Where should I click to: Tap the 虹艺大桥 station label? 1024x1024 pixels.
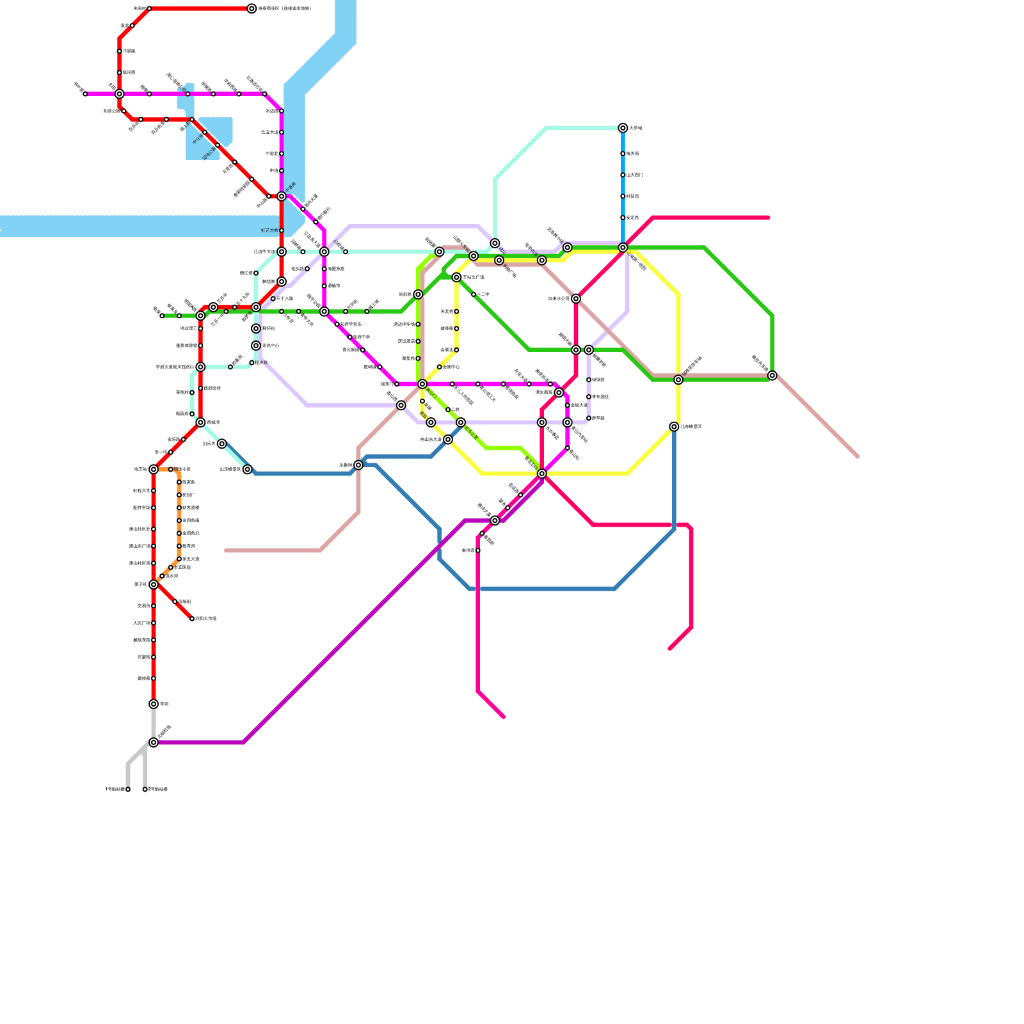tap(269, 230)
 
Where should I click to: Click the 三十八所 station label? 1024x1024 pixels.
tap(285, 299)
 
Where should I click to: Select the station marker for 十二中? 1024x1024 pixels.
tap(474, 294)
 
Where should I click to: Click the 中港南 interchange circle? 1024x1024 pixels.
tap(282, 196)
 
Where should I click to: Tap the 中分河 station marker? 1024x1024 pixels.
tap(205, 132)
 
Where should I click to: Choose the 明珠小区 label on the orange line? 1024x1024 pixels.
tap(183, 470)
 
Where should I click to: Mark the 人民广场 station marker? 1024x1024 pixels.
tap(154, 623)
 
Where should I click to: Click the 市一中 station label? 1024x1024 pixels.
tap(161, 452)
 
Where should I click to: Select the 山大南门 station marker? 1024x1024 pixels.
tap(623, 175)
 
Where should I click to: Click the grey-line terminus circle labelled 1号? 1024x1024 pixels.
tap(128, 789)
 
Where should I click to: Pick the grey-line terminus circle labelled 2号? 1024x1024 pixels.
tap(145, 789)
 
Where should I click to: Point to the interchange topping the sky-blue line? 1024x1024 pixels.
tap(623, 128)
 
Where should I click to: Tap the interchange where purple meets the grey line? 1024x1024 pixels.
tap(154, 742)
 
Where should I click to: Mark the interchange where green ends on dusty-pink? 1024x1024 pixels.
tap(772, 376)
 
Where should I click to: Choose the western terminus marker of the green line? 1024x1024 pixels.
tap(162, 316)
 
